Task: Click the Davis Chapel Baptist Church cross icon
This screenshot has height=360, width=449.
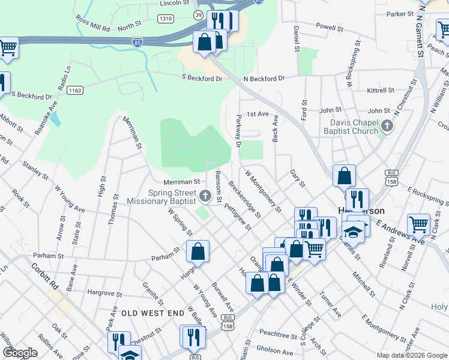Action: (x=388, y=126)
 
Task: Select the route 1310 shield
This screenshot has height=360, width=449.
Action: (x=166, y=19)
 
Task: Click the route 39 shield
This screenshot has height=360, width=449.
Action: (x=198, y=15)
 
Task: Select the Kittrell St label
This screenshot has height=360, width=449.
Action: (x=380, y=91)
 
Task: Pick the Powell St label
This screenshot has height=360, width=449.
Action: (x=330, y=27)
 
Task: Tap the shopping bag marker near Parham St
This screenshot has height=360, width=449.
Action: (x=198, y=251)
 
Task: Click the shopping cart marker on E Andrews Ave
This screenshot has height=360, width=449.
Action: (x=418, y=225)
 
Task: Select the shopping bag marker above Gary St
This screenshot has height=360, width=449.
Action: (x=344, y=176)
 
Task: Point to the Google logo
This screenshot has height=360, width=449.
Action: (x=20, y=353)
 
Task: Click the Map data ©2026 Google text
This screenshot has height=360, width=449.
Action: (x=411, y=355)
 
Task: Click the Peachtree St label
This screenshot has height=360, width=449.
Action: (x=279, y=332)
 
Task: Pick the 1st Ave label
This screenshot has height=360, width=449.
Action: (x=258, y=114)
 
